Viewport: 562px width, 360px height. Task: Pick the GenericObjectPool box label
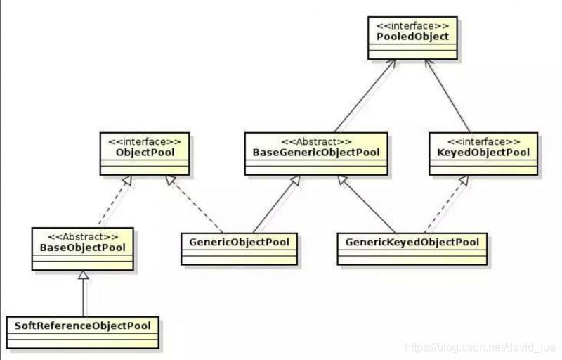pyautogui.click(x=239, y=241)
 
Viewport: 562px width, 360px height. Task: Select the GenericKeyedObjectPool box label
pyautogui.click(x=412, y=242)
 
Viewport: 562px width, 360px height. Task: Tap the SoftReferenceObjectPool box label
pyautogui.click(x=82, y=326)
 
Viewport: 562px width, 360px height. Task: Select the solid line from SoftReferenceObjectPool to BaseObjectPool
pyautogui.click(x=84, y=295)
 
